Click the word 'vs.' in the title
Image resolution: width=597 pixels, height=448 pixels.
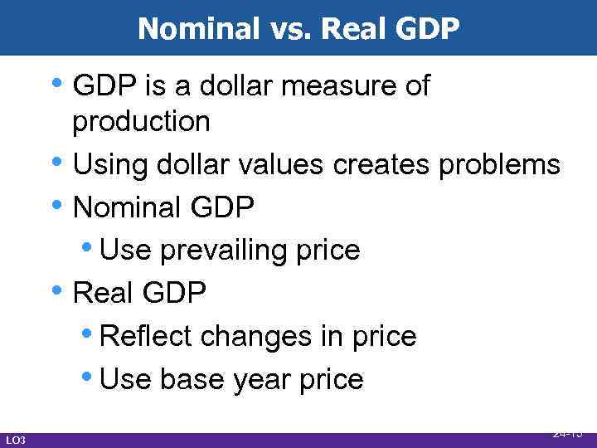pyautogui.click(x=289, y=28)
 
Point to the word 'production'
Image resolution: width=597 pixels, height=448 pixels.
pyautogui.click(x=141, y=122)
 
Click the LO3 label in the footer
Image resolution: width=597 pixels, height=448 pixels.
pyautogui.click(x=16, y=440)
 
